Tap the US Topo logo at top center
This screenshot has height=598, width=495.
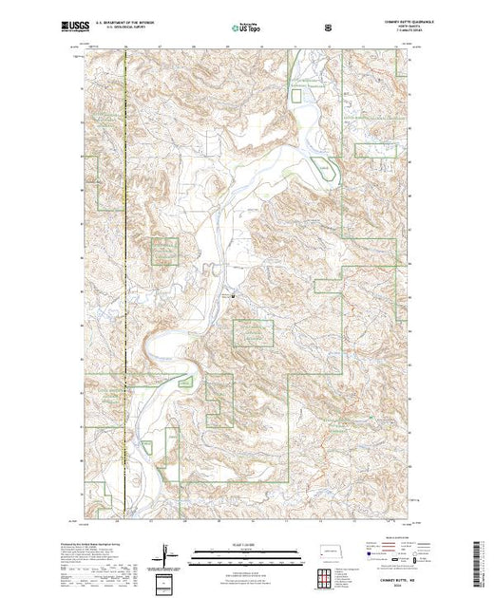(x=247, y=28)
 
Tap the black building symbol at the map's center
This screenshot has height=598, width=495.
(x=234, y=294)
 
